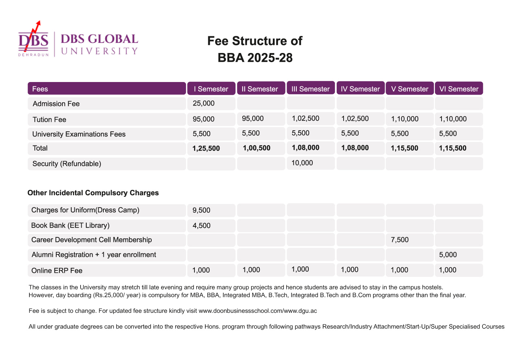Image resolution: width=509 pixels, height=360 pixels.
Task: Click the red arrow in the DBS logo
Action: point(32,36)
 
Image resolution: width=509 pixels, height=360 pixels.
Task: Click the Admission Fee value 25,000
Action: point(204,103)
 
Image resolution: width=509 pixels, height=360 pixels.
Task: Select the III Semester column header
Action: point(311,89)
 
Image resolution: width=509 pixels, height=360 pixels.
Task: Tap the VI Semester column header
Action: point(459,89)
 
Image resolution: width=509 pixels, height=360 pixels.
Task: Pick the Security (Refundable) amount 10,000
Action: point(302,163)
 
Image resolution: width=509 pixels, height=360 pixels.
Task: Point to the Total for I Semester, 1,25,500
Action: point(206,148)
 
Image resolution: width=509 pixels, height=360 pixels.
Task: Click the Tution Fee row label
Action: point(49,119)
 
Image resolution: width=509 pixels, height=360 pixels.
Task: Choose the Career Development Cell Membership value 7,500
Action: point(399,240)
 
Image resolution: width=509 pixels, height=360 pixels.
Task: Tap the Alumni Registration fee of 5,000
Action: point(448,254)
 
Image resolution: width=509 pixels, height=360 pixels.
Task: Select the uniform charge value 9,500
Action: point(201,210)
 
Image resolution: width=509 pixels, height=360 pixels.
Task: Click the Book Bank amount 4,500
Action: point(201,225)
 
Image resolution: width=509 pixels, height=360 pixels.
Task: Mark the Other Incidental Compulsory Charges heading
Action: point(93,193)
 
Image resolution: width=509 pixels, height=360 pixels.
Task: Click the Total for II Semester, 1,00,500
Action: point(256,148)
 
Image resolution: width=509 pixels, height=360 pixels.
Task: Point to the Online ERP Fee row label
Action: point(57,270)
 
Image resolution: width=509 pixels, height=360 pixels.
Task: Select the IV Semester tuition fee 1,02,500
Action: point(355,119)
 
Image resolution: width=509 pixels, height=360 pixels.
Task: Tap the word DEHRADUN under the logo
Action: point(33,55)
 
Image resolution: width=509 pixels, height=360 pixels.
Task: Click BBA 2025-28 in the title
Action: point(255,58)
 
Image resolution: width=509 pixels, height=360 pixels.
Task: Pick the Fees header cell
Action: point(107,89)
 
